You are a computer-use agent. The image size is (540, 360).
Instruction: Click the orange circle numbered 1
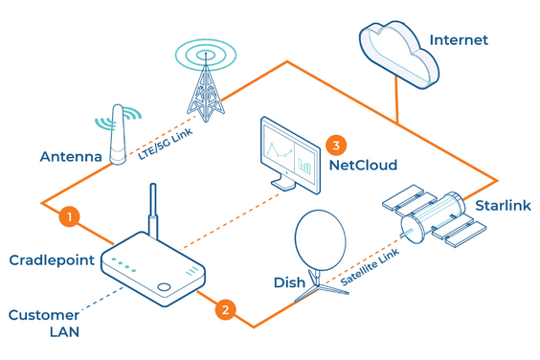point(68,216)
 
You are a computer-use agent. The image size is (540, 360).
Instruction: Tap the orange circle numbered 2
point(224,309)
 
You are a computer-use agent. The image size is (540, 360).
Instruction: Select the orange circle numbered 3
point(335,145)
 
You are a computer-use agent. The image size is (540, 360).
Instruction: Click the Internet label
point(459,40)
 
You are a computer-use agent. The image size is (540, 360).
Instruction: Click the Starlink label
point(503,206)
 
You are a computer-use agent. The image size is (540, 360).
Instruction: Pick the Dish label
point(289,282)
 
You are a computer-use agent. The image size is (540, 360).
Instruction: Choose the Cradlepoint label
point(51,260)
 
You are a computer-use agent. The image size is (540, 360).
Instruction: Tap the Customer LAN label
point(44,323)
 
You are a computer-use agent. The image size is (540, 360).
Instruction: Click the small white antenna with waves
point(118,134)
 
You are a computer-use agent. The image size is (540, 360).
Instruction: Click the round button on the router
point(166,287)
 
